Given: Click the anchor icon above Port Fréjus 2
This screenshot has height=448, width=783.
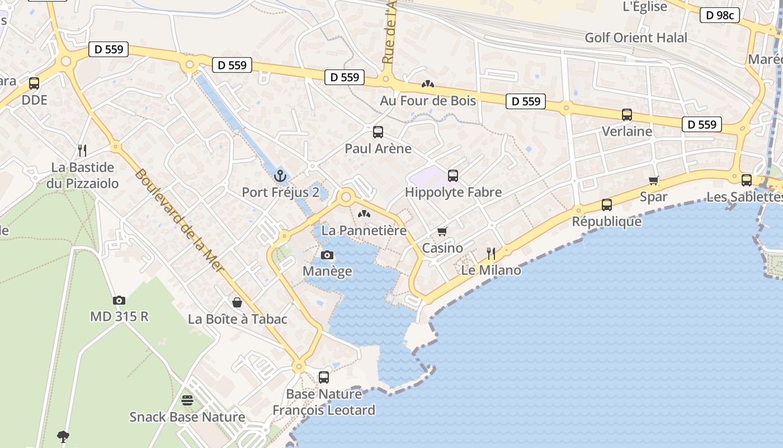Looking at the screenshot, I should (x=280, y=176).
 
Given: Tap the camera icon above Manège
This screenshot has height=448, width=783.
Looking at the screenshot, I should (x=327, y=255).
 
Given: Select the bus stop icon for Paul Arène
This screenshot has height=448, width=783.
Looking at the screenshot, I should (x=378, y=132).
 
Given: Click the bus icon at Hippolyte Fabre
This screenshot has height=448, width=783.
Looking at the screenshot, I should (x=453, y=176).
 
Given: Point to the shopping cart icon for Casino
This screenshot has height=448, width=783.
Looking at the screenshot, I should (x=442, y=231).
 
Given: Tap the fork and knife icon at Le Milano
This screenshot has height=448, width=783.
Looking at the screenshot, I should (x=491, y=254).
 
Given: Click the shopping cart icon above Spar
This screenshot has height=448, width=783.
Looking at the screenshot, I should (x=653, y=180).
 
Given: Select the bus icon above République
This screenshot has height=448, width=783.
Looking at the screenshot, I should (x=607, y=205).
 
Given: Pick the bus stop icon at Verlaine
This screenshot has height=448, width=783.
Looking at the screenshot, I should (x=627, y=115).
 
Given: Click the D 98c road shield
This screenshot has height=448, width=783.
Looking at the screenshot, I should (x=719, y=15).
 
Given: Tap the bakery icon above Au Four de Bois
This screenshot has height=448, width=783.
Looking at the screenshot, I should (x=428, y=84).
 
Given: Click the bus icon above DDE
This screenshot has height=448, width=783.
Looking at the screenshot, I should (x=34, y=83).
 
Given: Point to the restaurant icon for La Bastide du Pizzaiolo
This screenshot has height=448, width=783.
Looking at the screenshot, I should (x=82, y=150).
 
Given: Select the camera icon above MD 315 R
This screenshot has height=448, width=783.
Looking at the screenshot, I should (x=119, y=300).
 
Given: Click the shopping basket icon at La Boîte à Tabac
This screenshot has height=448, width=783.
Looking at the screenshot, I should (x=237, y=302).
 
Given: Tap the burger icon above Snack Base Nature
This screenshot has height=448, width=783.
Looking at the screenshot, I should (x=187, y=400).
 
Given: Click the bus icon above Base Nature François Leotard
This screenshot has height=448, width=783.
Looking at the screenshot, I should (x=324, y=377).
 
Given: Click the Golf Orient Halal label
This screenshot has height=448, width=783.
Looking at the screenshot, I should (x=636, y=38).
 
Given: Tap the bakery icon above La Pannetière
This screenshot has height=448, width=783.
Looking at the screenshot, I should (x=364, y=214).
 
